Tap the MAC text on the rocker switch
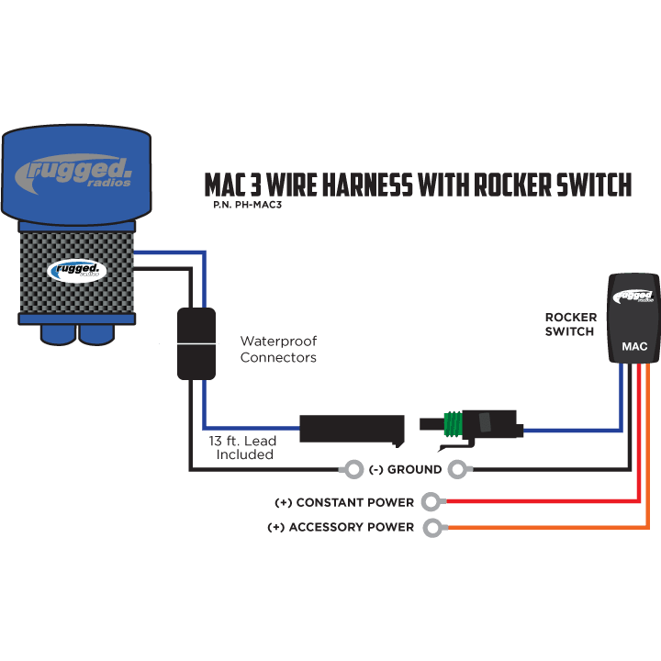point(635,347)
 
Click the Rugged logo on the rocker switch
point(635,296)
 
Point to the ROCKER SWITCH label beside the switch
point(570,324)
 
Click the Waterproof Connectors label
point(278,349)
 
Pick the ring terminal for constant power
point(431,502)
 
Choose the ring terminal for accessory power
point(431,528)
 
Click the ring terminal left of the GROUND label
point(353,470)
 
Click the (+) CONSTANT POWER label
point(344,503)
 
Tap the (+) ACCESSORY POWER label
point(340,528)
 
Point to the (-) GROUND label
point(405,470)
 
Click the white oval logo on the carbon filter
point(77,271)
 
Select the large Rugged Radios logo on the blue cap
point(75,172)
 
